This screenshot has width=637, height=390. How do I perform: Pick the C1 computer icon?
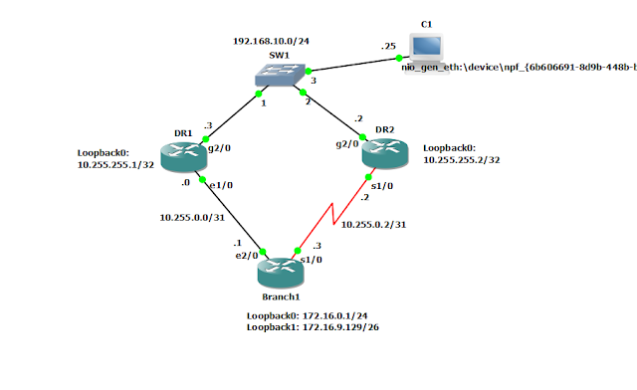[427, 45]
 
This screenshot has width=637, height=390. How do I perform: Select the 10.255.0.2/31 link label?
[373, 225]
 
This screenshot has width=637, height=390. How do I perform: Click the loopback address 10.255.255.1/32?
[115, 166]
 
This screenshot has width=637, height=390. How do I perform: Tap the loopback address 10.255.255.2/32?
[462, 158]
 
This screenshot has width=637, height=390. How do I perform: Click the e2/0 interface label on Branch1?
[246, 256]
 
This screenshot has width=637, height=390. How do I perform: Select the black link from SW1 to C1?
[358, 67]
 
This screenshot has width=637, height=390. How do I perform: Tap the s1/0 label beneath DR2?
[379, 184]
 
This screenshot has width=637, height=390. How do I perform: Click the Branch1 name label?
[282, 295]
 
